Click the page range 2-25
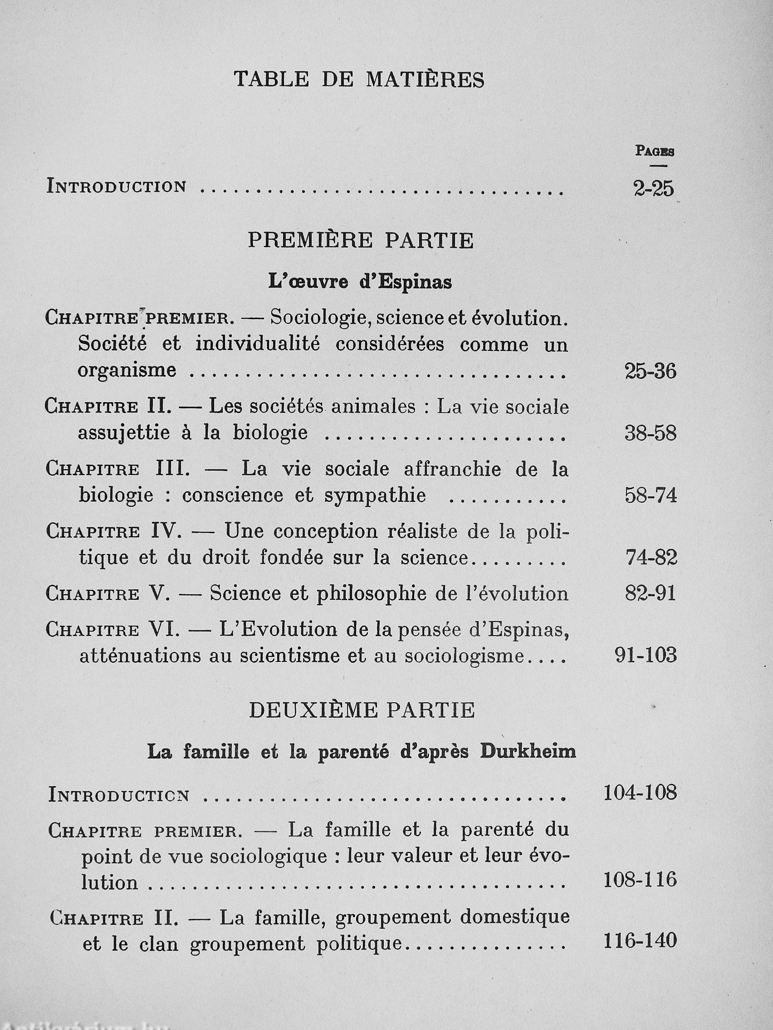point(653,189)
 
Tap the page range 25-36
point(650,372)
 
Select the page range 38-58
point(650,433)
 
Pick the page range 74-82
point(651,558)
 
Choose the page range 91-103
point(646,656)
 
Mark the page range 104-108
point(640,792)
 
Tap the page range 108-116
point(640,880)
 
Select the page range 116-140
point(640,941)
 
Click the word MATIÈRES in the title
point(425,80)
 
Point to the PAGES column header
point(655,151)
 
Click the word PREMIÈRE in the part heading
point(310,241)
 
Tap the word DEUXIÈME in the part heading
point(313,710)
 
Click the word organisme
point(127,371)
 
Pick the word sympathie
point(375,496)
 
